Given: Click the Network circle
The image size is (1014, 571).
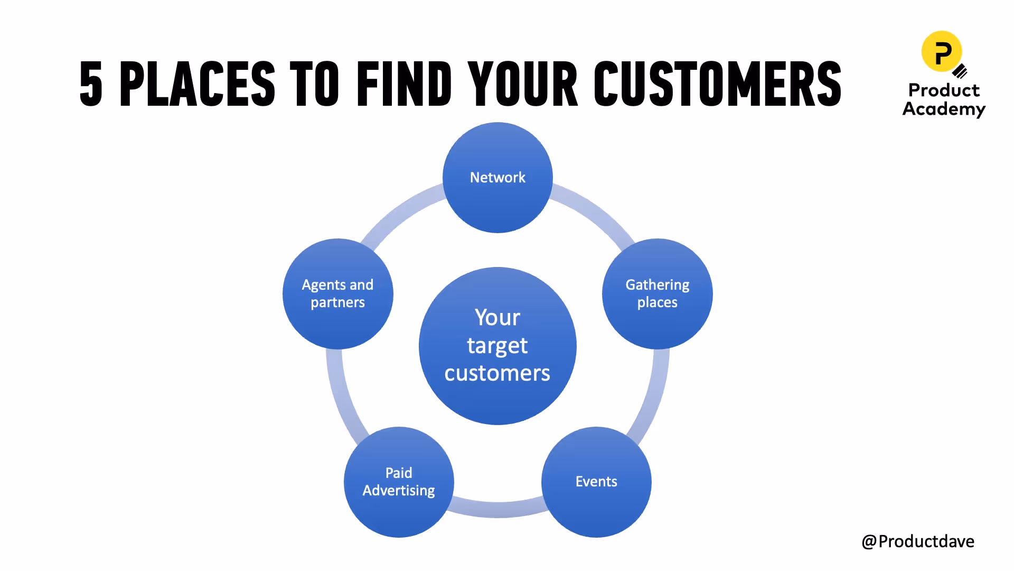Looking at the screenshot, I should pos(497,178).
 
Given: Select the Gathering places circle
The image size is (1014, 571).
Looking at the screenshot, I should pos(657,293).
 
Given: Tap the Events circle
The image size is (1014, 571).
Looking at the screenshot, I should pos(596,482).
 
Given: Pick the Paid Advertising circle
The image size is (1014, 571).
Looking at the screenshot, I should pos(399,482).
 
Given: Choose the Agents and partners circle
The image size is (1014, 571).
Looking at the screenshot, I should pos(337,293).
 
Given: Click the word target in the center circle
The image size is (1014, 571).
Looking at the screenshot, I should pos(497,346).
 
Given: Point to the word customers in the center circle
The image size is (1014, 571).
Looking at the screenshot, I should pos(497,373).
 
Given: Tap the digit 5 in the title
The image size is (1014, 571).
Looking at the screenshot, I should pos(91,84).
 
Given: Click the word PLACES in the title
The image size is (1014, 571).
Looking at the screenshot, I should pos(198,84).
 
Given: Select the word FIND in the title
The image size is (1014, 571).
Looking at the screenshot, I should pos(404,84).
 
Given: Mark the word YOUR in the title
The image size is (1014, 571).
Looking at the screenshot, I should pos(523,84).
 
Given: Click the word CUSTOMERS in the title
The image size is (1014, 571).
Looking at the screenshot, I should pos(717,84).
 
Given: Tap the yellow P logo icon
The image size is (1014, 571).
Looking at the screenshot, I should pos(942,51).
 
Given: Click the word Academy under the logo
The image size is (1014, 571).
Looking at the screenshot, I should pos(944,109).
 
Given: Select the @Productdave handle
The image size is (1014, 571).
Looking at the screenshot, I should pos(918,541).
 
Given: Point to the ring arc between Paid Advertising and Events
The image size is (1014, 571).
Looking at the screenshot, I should pos(497,509).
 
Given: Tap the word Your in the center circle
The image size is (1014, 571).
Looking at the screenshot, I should pos(497,318).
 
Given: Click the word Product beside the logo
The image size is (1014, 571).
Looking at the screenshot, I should pos(944,90).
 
